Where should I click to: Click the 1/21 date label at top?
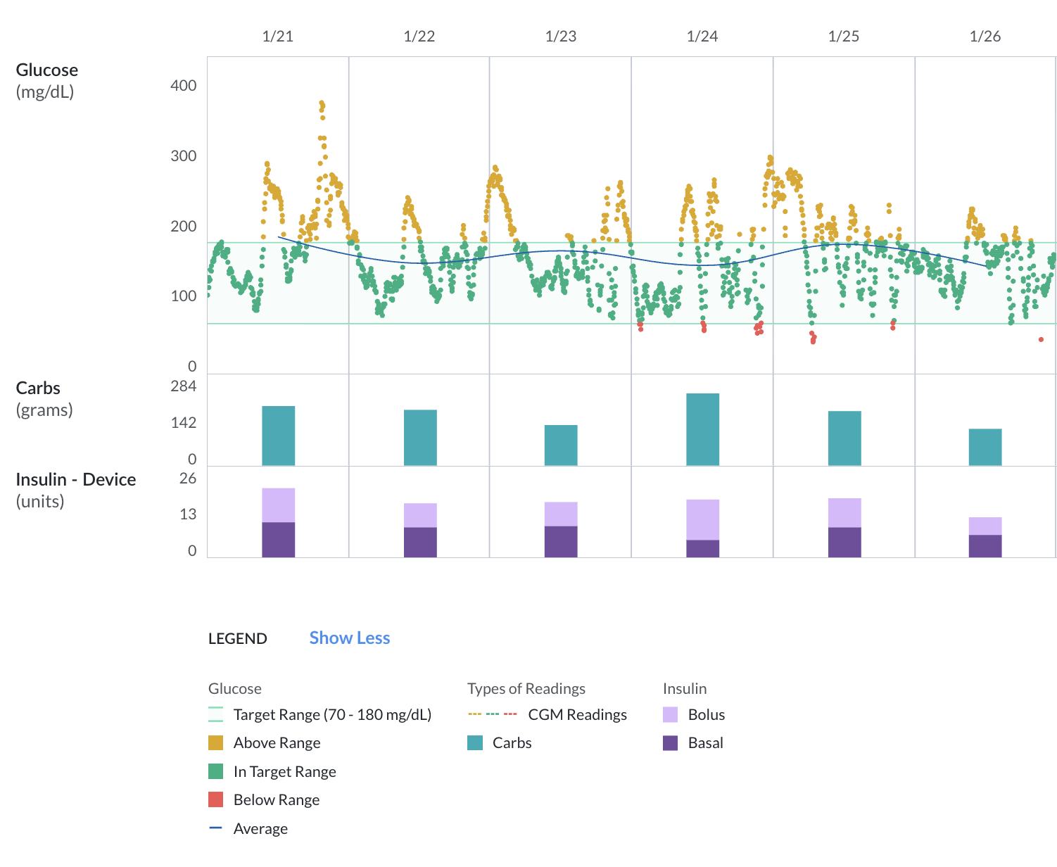click(x=277, y=37)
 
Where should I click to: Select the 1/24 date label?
click(x=702, y=37)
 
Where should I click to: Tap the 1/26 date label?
click(x=985, y=37)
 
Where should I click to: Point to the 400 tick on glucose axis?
click(x=184, y=86)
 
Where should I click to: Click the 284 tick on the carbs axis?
click(x=184, y=386)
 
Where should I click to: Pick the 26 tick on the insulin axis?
click(x=188, y=479)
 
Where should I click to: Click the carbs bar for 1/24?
click(x=702, y=429)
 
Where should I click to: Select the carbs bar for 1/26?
click(x=985, y=447)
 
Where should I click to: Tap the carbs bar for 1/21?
click(x=278, y=436)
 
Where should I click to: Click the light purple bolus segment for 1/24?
click(x=702, y=519)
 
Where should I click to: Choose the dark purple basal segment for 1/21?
click(x=278, y=540)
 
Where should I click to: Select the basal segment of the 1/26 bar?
click(x=985, y=546)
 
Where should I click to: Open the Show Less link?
click(x=349, y=638)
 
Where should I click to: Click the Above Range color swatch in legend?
click(x=216, y=743)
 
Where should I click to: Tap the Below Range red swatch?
click(x=216, y=800)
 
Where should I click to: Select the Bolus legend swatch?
click(x=670, y=715)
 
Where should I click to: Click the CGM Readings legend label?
click(x=577, y=715)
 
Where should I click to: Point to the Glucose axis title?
click(x=46, y=70)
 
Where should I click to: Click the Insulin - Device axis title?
click(x=76, y=480)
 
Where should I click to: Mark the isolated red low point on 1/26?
click(x=1041, y=339)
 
